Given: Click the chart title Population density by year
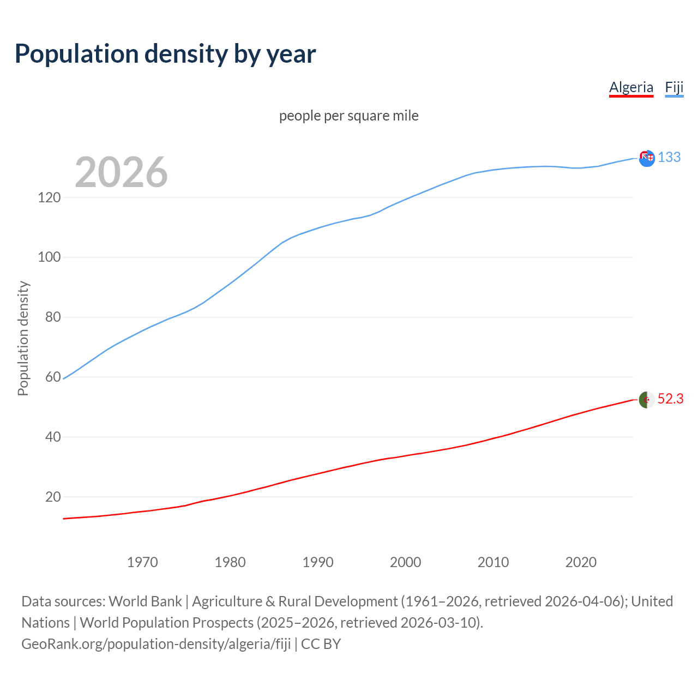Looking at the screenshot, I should [x=165, y=54].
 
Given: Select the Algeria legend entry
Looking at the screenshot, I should [x=631, y=88].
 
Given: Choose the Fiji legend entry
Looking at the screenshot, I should [x=674, y=88].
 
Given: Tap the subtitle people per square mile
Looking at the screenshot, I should [x=348, y=116].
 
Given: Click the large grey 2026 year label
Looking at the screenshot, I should [x=121, y=172].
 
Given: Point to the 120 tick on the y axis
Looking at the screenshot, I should [x=49, y=197].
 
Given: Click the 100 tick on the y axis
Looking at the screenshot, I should [x=49, y=257].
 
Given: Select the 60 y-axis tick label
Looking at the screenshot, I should [x=53, y=377].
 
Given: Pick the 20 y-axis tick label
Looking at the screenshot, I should [x=53, y=497].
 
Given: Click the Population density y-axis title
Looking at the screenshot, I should [x=23, y=338].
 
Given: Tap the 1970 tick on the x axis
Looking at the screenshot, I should [x=142, y=562].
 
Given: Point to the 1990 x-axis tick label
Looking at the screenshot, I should [x=318, y=562].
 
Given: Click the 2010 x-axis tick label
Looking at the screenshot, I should [x=493, y=562].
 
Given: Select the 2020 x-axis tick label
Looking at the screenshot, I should [x=581, y=562].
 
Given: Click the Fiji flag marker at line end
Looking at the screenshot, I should [x=647, y=158].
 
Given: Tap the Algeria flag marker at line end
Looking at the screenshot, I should [x=647, y=399].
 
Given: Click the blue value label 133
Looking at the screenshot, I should [x=669, y=158].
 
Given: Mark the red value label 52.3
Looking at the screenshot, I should [x=670, y=399].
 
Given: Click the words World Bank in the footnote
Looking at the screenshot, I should [x=145, y=601].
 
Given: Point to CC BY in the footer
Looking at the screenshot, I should [x=321, y=644].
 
